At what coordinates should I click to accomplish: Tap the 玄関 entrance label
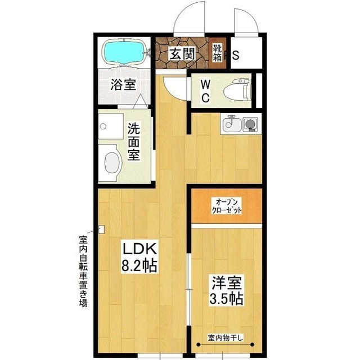pos(182,55)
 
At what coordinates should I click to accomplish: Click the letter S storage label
pos(236,55)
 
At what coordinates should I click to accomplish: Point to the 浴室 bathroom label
pos(123,85)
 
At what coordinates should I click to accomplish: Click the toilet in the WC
pos(236,91)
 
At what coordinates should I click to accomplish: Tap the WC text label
pos(206,91)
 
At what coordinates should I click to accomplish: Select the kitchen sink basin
pos(231,123)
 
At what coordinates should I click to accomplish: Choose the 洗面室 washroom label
pos(133,142)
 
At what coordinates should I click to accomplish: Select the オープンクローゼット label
pos(226,205)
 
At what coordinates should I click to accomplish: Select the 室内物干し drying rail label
pos(226,338)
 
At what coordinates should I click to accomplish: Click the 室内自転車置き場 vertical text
pos(83,270)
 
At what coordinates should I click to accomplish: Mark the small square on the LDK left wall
pos(101,229)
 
